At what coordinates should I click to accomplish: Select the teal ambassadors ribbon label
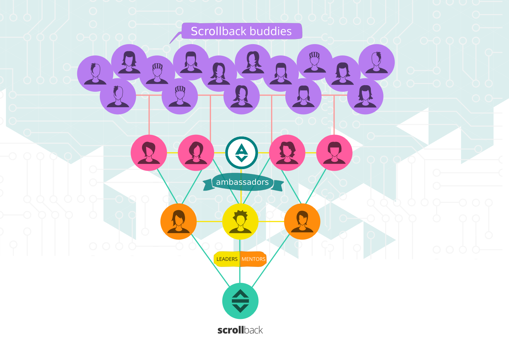(242, 182)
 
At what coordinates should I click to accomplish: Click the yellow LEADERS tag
(227, 259)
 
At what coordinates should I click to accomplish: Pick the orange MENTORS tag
(253, 259)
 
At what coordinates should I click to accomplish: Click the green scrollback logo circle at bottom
(240, 301)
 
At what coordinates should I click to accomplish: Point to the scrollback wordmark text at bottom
(240, 330)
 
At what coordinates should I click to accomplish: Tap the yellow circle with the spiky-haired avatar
(240, 221)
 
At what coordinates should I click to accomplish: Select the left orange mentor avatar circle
(178, 221)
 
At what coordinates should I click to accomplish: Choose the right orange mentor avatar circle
(302, 221)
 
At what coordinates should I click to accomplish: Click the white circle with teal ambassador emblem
(242, 153)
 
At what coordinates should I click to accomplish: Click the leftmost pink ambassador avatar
(149, 153)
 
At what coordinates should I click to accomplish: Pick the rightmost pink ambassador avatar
(334, 153)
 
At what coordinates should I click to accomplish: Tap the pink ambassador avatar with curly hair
(287, 153)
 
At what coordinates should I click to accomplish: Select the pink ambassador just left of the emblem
(196, 153)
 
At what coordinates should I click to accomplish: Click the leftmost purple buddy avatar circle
(95, 74)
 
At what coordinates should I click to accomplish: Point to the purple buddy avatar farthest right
(377, 62)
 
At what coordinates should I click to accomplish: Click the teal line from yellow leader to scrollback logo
(240, 270)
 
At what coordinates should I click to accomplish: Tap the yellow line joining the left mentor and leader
(209, 221)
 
